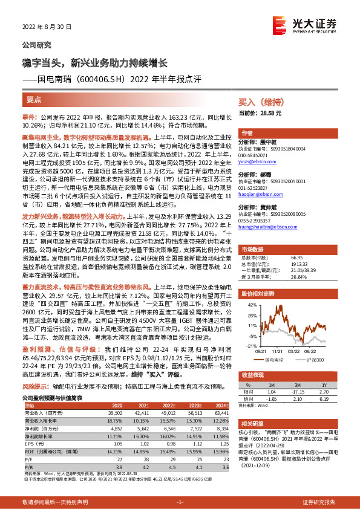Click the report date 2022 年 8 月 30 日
47,27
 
